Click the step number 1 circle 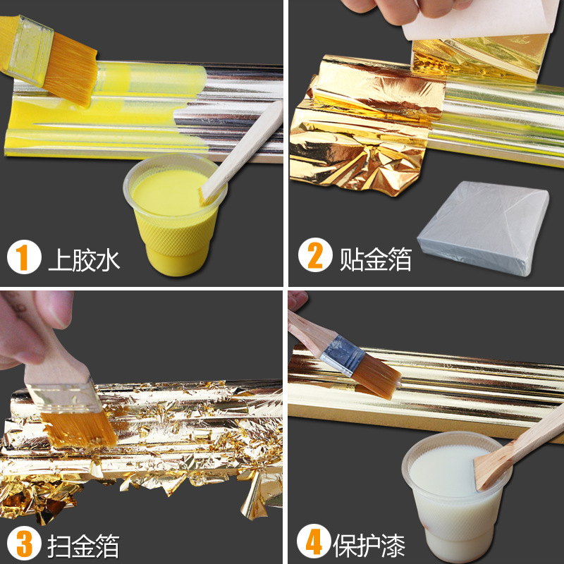pos(24,258)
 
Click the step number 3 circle pos(24,544)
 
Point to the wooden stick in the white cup pos(522,451)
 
